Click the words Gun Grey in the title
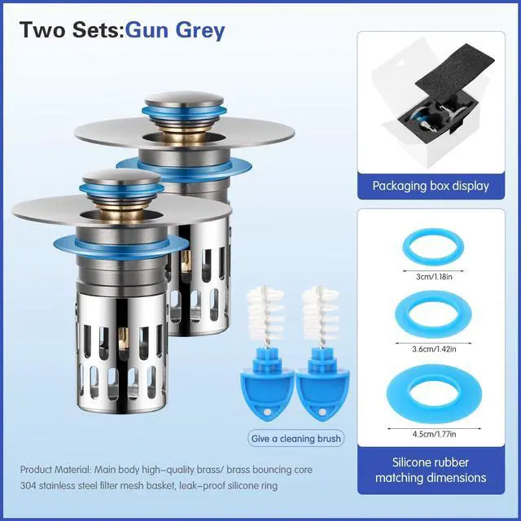[x=175, y=31]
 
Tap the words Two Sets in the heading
[x=69, y=30]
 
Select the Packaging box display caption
[x=431, y=186]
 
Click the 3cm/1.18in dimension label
[x=434, y=277]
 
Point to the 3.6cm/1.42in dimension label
[x=434, y=349]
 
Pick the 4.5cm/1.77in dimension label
[x=434, y=434]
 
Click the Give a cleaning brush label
[x=296, y=439]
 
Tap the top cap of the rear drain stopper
[x=184, y=99]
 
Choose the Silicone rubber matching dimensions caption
[x=431, y=470]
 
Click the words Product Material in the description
[x=55, y=470]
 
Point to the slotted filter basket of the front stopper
[x=121, y=352]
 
